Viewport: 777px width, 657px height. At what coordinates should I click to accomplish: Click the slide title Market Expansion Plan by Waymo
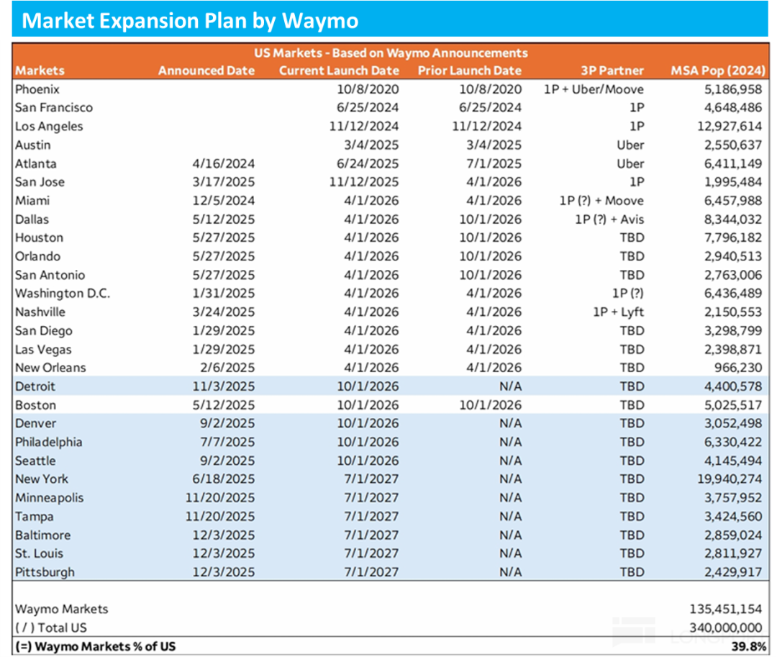pos(190,19)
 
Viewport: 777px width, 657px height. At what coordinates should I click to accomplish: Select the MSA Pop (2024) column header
pos(717,71)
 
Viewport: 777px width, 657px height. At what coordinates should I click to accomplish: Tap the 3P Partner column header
pos(612,71)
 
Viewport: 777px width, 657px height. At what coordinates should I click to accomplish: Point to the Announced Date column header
pos(206,71)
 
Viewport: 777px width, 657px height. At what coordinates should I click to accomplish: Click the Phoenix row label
pos(37,89)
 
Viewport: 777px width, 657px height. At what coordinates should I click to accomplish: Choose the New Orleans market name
pos(50,368)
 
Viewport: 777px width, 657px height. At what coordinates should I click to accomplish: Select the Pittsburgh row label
pos(45,572)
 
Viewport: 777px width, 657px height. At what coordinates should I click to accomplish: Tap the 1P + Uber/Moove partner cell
pos(594,89)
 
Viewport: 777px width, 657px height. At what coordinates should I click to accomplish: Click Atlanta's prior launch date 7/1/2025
pos(495,163)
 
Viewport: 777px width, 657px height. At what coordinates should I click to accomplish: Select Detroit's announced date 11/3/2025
pos(224,386)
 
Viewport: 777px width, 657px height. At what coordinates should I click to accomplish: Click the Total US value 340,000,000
pos(725,627)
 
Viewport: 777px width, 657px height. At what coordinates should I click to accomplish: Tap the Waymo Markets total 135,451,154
pos(725,609)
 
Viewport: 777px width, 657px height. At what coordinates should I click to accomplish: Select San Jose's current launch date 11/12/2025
pos(365,182)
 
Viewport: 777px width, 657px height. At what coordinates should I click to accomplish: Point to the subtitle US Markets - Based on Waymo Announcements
pos(391,53)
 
